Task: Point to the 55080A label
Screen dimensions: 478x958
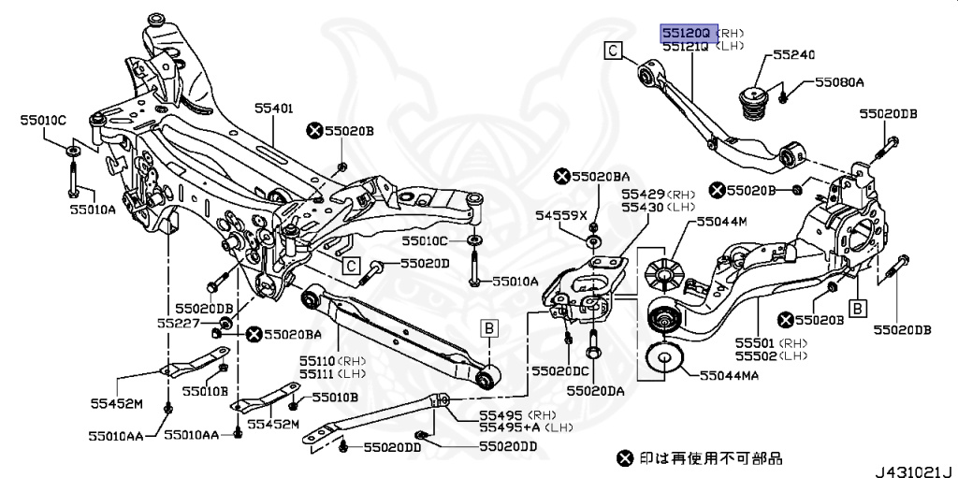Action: [840, 83]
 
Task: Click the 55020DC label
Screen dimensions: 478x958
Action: [562, 371]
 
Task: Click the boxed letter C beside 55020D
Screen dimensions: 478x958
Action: [351, 266]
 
